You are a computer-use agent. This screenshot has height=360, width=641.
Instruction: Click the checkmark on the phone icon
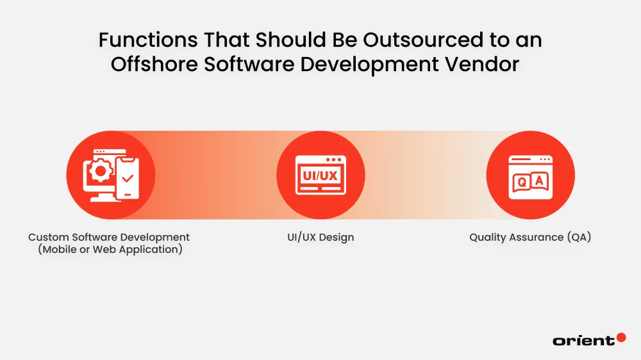[x=127, y=177]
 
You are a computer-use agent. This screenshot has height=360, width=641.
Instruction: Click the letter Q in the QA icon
[x=522, y=182]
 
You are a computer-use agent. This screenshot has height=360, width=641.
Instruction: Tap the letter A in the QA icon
[x=538, y=181]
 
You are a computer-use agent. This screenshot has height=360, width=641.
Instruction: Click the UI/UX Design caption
[x=320, y=238]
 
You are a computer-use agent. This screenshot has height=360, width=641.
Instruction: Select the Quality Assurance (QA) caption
[x=530, y=238]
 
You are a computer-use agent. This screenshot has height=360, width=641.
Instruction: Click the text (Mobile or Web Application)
[x=110, y=250]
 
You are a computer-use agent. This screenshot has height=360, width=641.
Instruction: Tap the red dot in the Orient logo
[x=620, y=337]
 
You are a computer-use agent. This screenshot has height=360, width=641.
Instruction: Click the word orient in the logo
[x=583, y=341]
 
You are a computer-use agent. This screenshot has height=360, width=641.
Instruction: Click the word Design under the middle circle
[x=337, y=238]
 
